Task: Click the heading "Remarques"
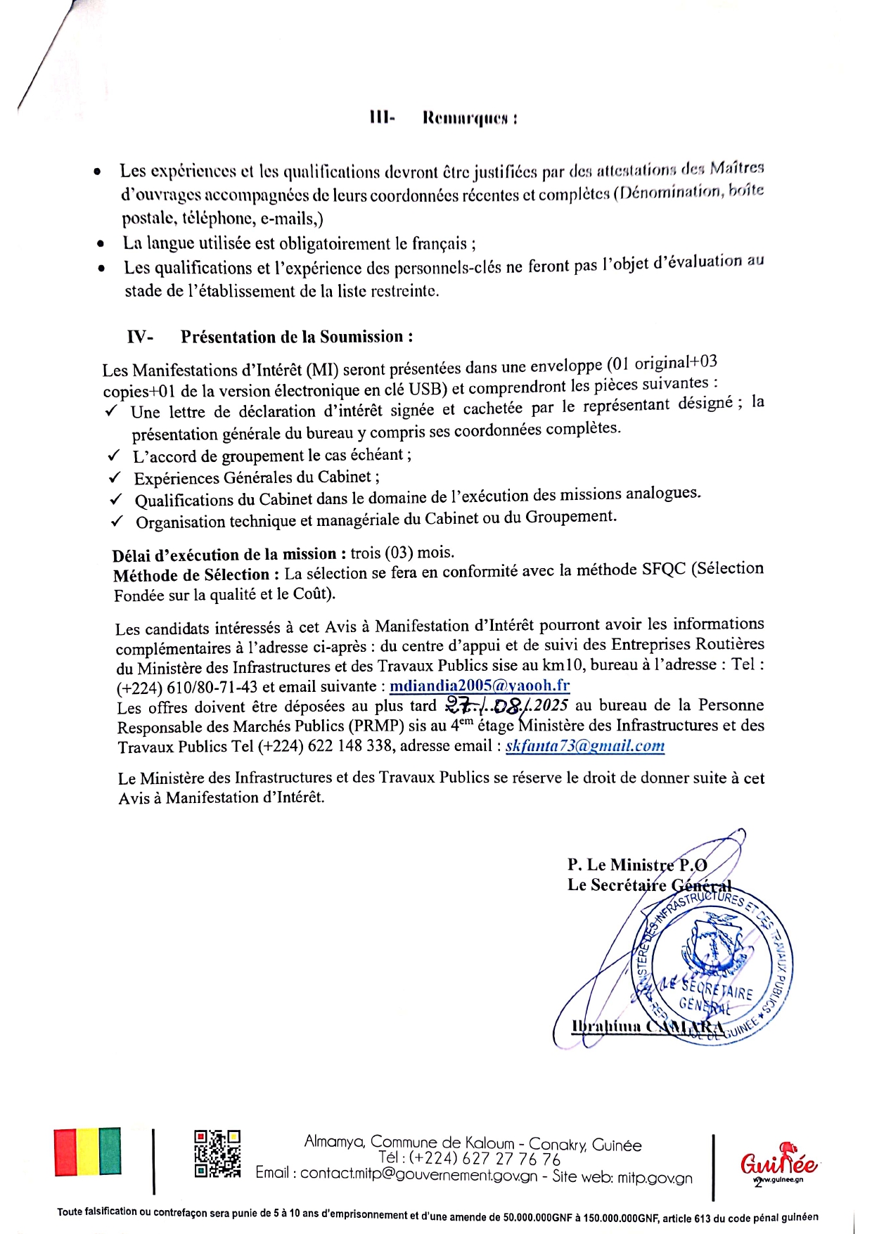pos(469,118)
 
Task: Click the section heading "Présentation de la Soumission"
pos(296,337)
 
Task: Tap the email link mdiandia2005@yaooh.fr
pos(480,686)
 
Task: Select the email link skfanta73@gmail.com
pos(585,746)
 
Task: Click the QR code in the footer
pos(217,1154)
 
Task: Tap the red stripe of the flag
pos(65,1152)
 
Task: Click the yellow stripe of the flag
pos(88,1152)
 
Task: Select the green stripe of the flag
pos(110,1152)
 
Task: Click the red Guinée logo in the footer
pos(778,1163)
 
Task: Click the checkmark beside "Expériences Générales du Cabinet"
pos(115,478)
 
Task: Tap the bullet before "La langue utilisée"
pos(101,245)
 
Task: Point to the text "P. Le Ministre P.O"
pos(637,865)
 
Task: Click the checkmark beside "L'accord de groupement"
pos(114,456)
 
